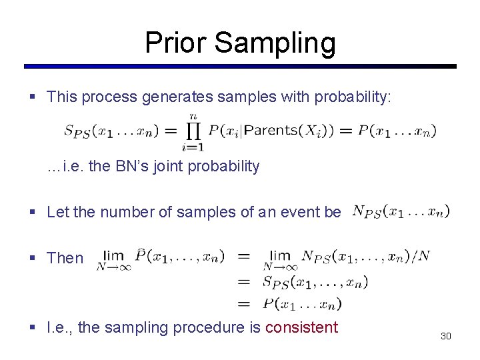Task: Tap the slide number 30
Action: coord(445,336)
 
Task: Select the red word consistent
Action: coord(302,327)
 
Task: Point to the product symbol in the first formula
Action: coord(193,131)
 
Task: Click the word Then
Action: coord(65,258)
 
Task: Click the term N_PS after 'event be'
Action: coord(366,212)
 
